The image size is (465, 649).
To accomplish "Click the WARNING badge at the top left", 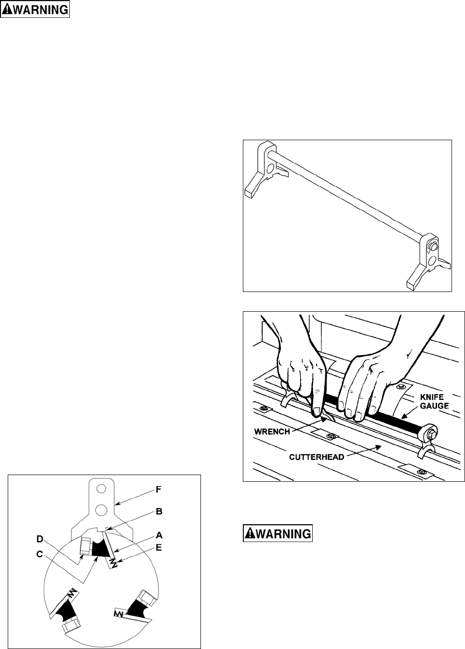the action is point(35,10).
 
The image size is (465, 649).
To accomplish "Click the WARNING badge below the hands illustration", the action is point(278,533).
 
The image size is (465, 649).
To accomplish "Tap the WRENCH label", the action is point(272,431).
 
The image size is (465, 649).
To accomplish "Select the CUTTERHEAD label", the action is point(317,457).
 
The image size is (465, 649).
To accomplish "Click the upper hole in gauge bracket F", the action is point(101,489).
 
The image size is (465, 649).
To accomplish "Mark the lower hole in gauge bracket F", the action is point(101,509).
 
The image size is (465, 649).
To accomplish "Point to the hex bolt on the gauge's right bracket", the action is point(432,246).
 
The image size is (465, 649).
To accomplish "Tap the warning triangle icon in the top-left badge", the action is point(8,10).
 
